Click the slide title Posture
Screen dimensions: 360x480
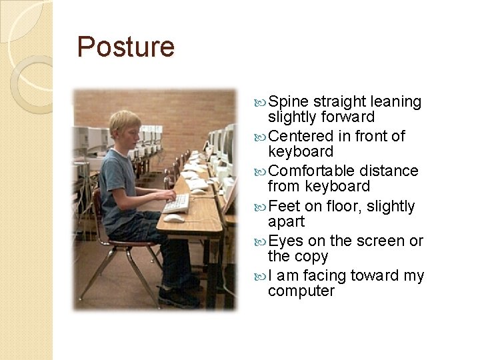click(x=125, y=47)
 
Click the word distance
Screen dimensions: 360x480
click(x=389, y=171)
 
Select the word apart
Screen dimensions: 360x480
click(x=286, y=222)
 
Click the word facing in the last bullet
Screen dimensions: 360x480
click(x=323, y=275)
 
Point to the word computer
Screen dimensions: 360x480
click(x=301, y=291)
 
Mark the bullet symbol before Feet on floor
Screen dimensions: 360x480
click(x=261, y=207)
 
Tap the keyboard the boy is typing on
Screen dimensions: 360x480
click(x=177, y=203)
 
